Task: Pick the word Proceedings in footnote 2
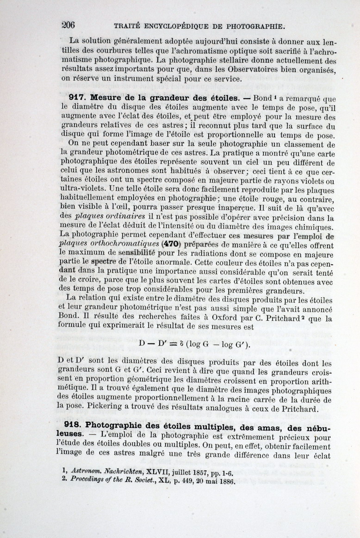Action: point(92,481)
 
